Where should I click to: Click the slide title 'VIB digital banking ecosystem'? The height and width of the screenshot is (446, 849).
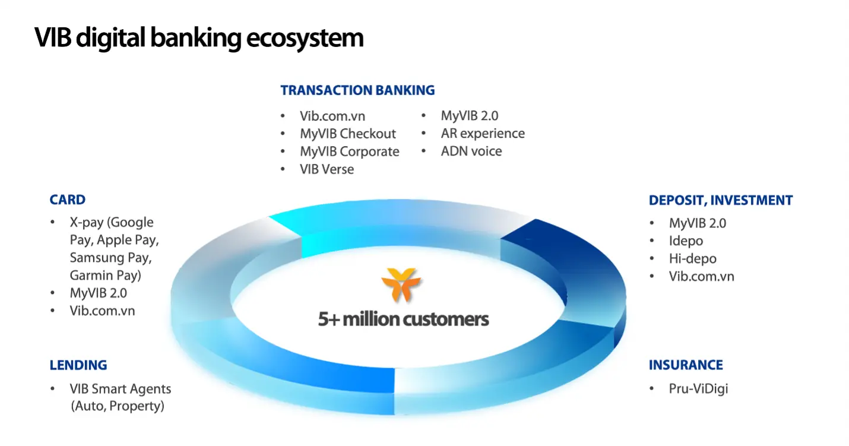(x=199, y=39)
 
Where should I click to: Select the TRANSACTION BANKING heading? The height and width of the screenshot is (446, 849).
(x=357, y=90)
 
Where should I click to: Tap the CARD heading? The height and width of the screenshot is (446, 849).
(x=68, y=200)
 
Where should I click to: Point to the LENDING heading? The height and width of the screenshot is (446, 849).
(x=78, y=365)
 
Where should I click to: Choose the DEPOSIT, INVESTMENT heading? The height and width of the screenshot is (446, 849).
(x=721, y=200)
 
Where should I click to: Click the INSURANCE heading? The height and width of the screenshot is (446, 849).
(x=686, y=365)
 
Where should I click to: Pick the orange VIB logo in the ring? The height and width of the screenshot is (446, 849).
(x=401, y=284)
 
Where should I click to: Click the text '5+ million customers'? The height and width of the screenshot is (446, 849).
(x=403, y=319)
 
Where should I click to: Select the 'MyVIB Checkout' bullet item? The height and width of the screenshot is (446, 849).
(x=347, y=134)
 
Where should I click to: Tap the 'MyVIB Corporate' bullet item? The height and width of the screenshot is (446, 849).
(x=350, y=151)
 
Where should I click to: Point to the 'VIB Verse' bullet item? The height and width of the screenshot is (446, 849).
(x=327, y=169)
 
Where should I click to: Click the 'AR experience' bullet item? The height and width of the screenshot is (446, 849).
(x=483, y=134)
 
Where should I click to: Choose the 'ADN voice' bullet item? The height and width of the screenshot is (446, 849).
(x=471, y=151)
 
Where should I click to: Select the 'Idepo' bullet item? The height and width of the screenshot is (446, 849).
(x=686, y=241)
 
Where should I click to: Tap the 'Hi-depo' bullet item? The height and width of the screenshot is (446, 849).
(x=692, y=259)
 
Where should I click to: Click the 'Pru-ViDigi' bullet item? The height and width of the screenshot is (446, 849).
(x=698, y=389)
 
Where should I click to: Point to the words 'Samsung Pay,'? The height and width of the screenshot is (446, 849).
(x=110, y=258)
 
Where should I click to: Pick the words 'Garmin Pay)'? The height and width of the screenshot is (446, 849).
(x=105, y=276)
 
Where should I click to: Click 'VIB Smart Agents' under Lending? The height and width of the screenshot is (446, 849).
(x=121, y=389)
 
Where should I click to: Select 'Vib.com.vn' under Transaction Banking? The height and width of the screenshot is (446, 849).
(x=332, y=116)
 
